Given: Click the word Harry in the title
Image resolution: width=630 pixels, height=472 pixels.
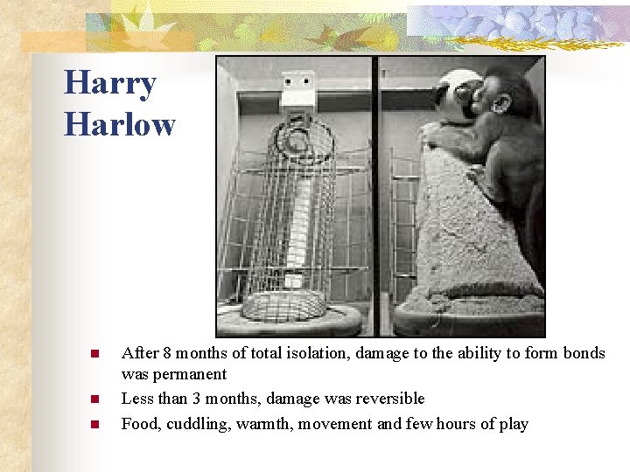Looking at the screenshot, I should [x=110, y=84].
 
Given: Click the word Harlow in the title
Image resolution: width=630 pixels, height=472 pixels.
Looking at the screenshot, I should [x=120, y=124].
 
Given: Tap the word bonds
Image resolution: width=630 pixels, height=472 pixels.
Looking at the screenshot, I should [x=581, y=353].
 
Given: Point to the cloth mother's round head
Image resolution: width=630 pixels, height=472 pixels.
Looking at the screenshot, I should [x=455, y=92].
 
